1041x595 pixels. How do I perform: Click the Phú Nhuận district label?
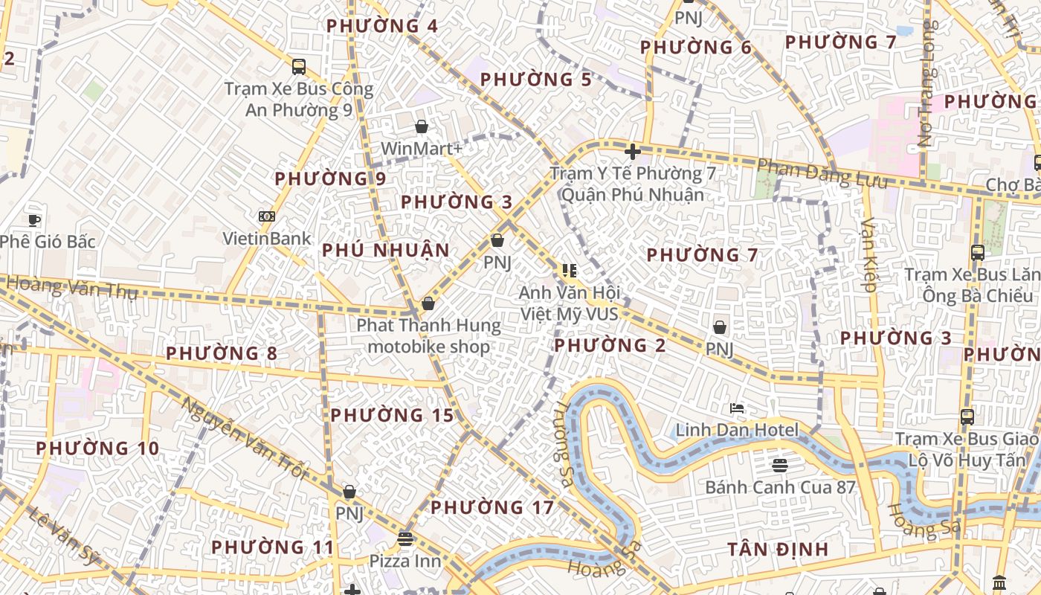tap(386, 250)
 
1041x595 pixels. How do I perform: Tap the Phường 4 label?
tap(382, 26)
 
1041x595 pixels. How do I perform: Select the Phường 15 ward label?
tap(392, 415)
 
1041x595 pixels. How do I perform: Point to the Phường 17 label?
tap(492, 508)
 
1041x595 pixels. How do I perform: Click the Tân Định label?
tap(778, 550)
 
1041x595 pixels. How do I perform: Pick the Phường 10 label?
tap(97, 448)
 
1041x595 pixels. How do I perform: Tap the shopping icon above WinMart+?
tap(422, 126)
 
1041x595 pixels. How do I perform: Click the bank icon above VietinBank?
tap(267, 216)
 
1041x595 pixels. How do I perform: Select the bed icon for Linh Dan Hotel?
tap(737, 408)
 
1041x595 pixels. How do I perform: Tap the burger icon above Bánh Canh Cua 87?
tap(779, 466)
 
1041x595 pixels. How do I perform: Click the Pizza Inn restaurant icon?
tap(405, 538)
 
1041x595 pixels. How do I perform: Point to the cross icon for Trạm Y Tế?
tap(633, 152)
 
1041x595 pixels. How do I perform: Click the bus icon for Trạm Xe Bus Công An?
tap(299, 67)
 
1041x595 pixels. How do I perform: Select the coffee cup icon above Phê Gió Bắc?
tap(33, 219)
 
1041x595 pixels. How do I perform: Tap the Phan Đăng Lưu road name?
tap(822, 175)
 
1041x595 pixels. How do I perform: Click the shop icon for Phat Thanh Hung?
tap(428, 303)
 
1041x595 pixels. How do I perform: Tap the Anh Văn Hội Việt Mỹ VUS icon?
tap(569, 271)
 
